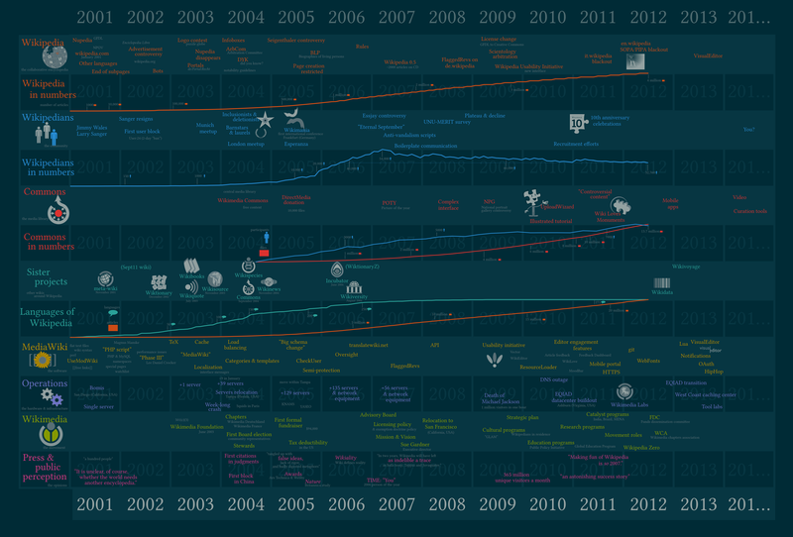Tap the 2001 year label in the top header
point(94,17)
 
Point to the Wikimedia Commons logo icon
point(57,209)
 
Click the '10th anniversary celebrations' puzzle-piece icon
point(576,122)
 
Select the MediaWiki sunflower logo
point(43,353)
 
